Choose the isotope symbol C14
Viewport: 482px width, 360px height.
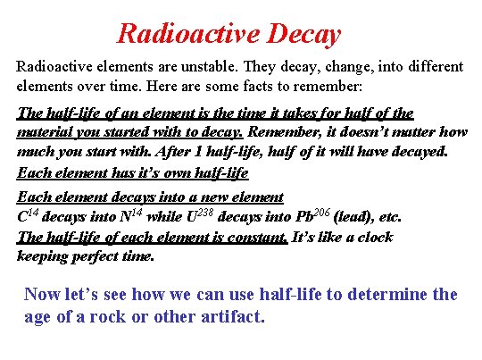[x=28, y=216]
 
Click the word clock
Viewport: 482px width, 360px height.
[x=373, y=237]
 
